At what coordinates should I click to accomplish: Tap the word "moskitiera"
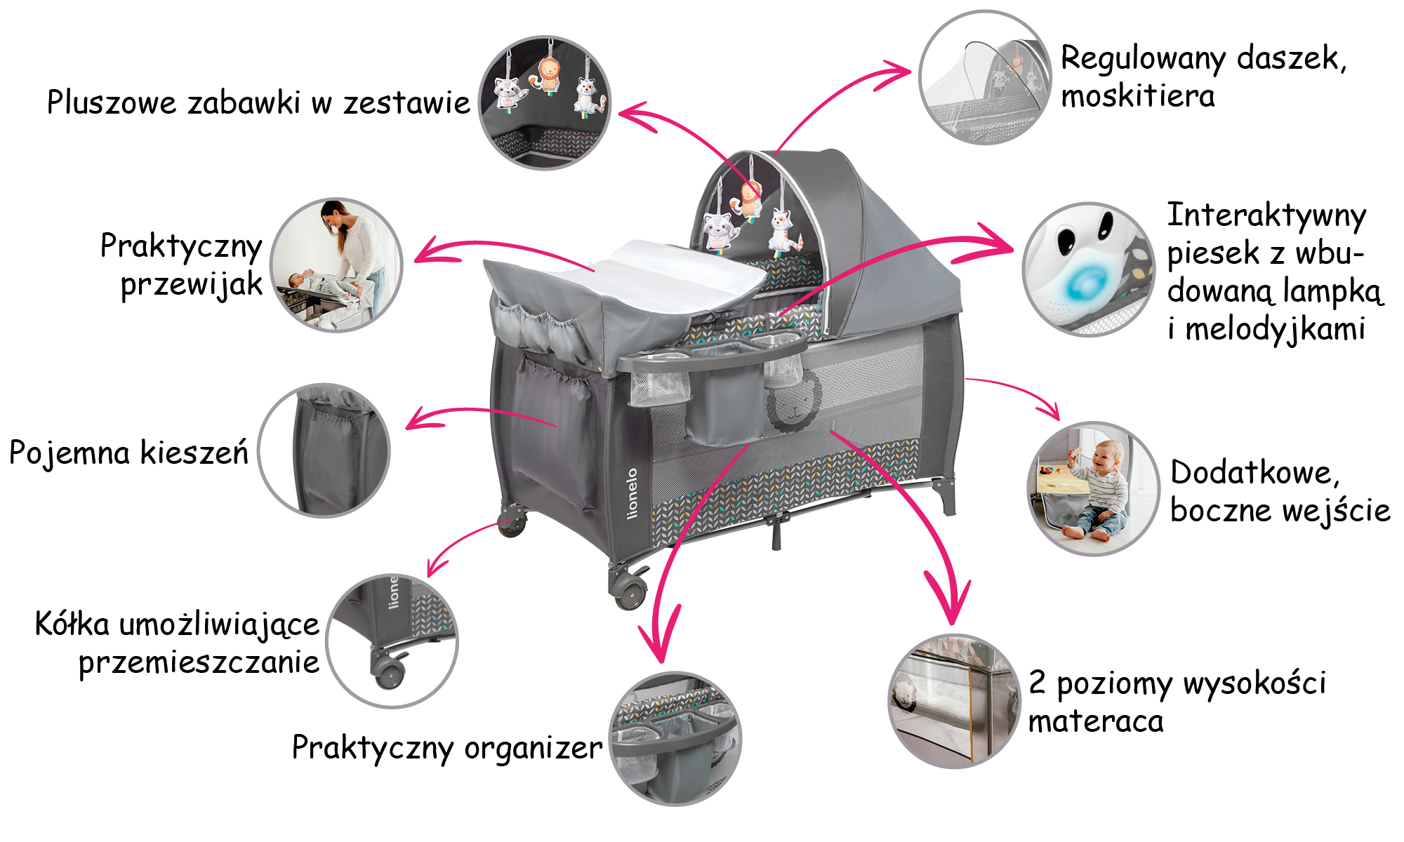[1137, 96]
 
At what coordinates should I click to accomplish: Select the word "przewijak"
[191, 285]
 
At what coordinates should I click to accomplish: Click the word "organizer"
[533, 748]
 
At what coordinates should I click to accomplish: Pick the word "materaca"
[1095, 721]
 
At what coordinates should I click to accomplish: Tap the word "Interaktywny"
[1266, 215]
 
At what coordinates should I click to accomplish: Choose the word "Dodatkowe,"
[1255, 472]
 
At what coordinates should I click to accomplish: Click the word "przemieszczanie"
[199, 662]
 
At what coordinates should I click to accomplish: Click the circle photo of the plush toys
[545, 102]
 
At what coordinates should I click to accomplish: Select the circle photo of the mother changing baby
[337, 265]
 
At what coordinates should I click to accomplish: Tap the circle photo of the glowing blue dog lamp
[1087, 269]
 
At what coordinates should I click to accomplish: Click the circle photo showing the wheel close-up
[392, 641]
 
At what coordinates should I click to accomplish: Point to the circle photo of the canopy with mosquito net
[985, 77]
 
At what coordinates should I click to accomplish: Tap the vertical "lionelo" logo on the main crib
[633, 493]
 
